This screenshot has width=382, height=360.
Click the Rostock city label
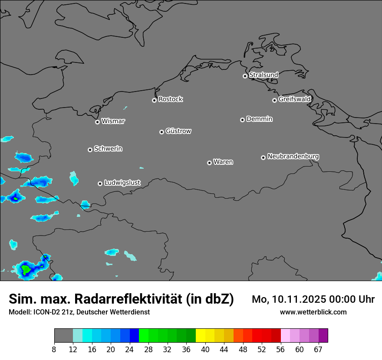pyautogui.click(x=170, y=99)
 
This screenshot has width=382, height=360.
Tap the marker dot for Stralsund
pyautogui.click(x=245, y=76)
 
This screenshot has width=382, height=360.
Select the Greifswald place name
pyautogui.click(x=294, y=99)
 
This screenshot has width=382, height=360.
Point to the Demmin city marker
pyautogui.click(x=242, y=120)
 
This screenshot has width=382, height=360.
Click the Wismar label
pyautogui.click(x=113, y=121)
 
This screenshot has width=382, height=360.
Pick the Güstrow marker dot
pyautogui.click(x=161, y=132)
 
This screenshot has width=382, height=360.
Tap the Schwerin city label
pyautogui.click(x=108, y=149)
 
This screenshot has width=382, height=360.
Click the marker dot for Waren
pyautogui.click(x=209, y=163)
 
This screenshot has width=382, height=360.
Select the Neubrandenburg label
pyautogui.click(x=293, y=157)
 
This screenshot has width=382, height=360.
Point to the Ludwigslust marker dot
pyautogui.click(x=100, y=183)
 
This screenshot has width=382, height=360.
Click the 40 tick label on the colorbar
pyautogui.click(x=205, y=349)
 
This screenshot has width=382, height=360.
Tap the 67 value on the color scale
pyautogui.click(x=318, y=349)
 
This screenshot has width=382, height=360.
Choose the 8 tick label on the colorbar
pyautogui.click(x=54, y=349)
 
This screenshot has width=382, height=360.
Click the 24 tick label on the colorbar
pyautogui.click(x=130, y=349)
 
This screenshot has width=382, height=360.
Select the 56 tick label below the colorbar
pyautogui.click(x=280, y=349)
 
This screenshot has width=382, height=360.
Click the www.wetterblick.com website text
pyautogui.click(x=313, y=312)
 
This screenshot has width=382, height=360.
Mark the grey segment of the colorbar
pyautogui.click(x=63, y=336)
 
